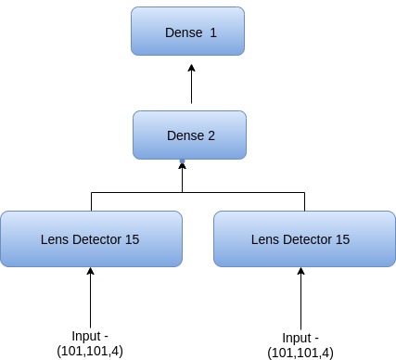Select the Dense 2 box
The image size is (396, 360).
point(190,135)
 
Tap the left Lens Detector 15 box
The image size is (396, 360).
point(91,238)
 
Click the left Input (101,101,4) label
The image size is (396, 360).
point(91,343)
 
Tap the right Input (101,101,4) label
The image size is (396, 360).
point(300,345)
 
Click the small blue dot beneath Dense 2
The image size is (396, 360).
point(183,163)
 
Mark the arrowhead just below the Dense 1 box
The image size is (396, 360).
point(191,67)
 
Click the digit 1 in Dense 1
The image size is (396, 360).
point(212,32)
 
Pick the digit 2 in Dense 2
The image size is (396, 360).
point(211,135)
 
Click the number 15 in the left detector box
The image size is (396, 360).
point(132,239)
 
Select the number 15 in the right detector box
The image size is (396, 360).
point(342,239)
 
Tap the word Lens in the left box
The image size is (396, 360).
point(55,239)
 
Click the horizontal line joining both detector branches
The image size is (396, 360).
point(197,192)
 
